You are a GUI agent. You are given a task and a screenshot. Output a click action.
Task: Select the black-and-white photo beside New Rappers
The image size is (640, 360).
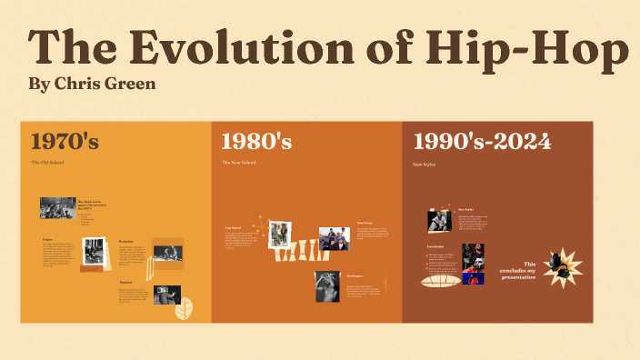(326, 285)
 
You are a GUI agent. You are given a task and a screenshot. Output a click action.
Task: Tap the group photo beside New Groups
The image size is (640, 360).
(334, 238)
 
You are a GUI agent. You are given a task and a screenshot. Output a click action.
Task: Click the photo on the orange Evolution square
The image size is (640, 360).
(167, 255)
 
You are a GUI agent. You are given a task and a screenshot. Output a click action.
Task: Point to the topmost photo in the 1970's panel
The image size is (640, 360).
(57, 207)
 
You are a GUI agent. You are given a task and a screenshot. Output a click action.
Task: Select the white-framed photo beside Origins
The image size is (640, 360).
(94, 250)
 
